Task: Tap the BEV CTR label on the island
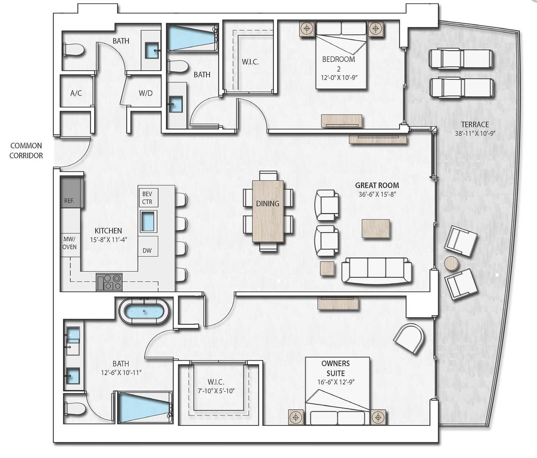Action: pyautogui.click(x=147, y=198)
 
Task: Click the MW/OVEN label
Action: pyautogui.click(x=69, y=243)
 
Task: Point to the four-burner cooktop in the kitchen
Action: pyautogui.click(x=109, y=282)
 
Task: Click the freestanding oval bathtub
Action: pyautogui.click(x=144, y=311)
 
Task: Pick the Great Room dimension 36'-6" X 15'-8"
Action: pyautogui.click(x=377, y=194)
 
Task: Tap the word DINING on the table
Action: pyautogui.click(x=268, y=204)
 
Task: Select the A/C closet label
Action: pyautogui.click(x=76, y=93)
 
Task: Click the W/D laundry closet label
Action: pyautogui.click(x=145, y=93)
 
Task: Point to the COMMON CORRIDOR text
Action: pyautogui.click(x=26, y=151)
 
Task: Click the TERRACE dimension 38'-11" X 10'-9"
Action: pyautogui.click(x=475, y=134)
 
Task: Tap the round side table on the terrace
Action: pyautogui.click(x=451, y=263)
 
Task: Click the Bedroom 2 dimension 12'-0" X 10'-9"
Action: pyautogui.click(x=339, y=78)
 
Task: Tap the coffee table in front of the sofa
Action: pyautogui.click(x=376, y=228)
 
